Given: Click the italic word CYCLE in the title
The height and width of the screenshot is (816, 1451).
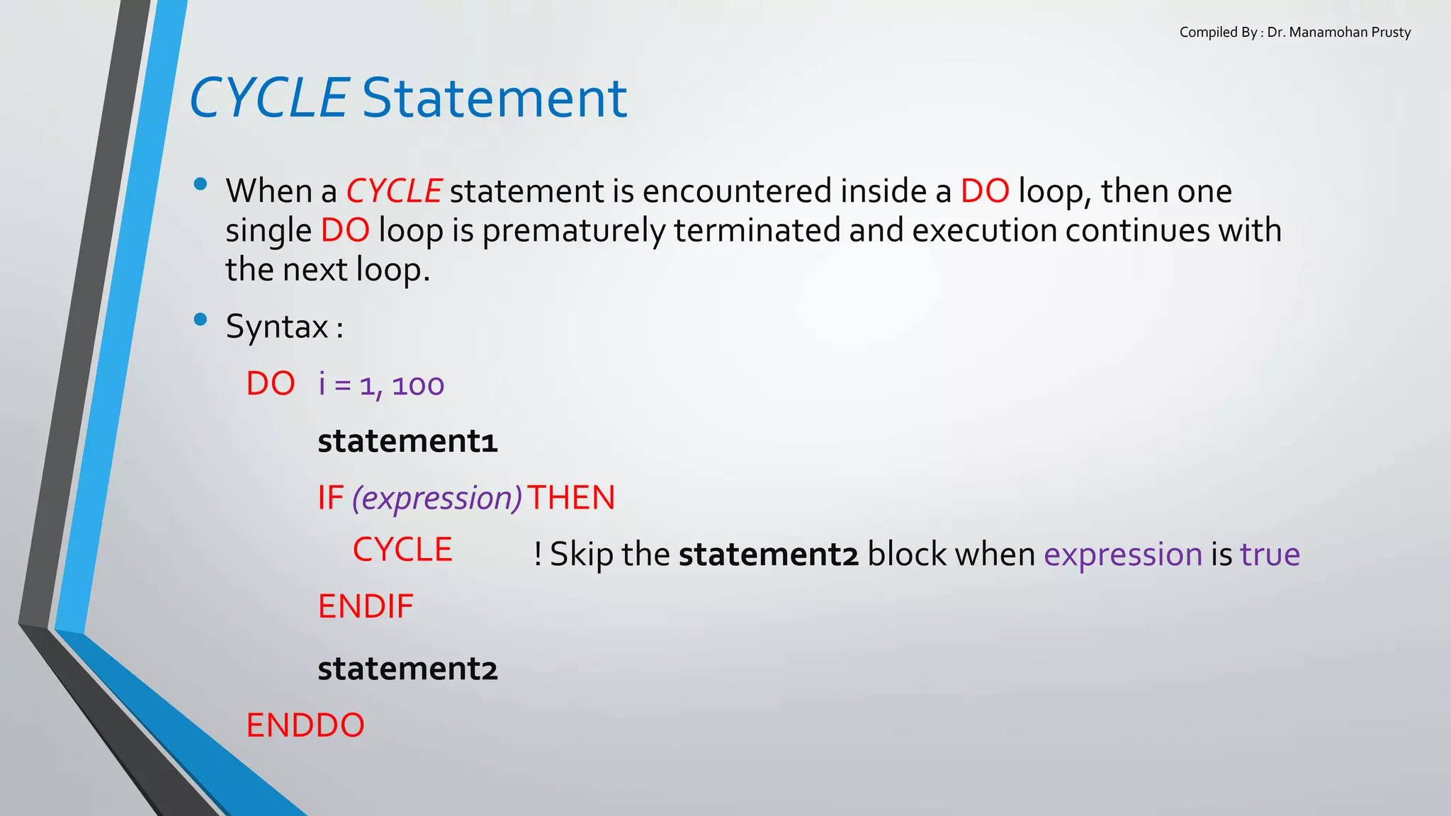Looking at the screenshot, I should (269, 98).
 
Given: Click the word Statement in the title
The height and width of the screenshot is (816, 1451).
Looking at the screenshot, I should (495, 98).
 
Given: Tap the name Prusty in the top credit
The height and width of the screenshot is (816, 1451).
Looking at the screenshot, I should (1391, 33).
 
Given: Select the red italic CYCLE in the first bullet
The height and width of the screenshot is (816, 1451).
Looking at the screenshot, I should (394, 192).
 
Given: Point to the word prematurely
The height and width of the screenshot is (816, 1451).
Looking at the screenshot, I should (574, 231).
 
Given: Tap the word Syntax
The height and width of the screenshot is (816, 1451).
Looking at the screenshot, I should (277, 327).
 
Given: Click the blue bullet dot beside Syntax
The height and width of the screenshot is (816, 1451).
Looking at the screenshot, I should (201, 319).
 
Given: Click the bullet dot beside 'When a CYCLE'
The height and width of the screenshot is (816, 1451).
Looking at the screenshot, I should (201, 185).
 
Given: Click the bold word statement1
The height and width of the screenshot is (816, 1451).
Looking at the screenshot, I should (407, 441).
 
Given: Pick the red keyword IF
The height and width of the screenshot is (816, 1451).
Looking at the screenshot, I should (330, 498).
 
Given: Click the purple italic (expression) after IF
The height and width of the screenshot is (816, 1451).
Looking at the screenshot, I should (437, 499).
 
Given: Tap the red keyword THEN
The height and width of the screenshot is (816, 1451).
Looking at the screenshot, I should (571, 498).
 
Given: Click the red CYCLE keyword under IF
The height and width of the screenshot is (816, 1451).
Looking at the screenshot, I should (402, 550).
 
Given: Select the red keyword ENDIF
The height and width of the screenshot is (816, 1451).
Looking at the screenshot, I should (366, 607).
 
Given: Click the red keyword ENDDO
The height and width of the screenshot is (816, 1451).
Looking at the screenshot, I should (305, 726).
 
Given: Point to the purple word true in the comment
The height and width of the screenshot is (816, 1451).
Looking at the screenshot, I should (1270, 555).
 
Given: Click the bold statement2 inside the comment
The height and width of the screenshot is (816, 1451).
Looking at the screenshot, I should (769, 555).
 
